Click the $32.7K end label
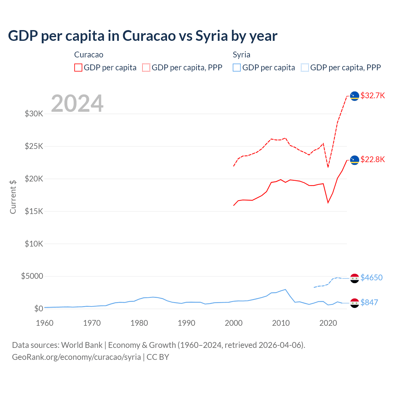[x=372, y=95]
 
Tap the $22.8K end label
[x=372, y=159]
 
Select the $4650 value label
[x=372, y=278]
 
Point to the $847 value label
[x=369, y=302]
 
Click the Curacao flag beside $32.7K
[x=355, y=96]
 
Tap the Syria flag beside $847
[x=355, y=303]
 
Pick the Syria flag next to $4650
[x=355, y=278]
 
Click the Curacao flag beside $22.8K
[x=355, y=160]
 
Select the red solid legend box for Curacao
[x=78, y=68]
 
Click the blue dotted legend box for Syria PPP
[x=305, y=68]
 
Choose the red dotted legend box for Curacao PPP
[x=146, y=68]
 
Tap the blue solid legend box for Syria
[x=237, y=68]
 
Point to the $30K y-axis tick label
[x=34, y=114]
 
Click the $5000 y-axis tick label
[x=32, y=276]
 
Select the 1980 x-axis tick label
[x=139, y=323]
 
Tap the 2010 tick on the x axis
[x=281, y=323]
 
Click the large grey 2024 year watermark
[x=77, y=103]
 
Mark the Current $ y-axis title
[x=13, y=197]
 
